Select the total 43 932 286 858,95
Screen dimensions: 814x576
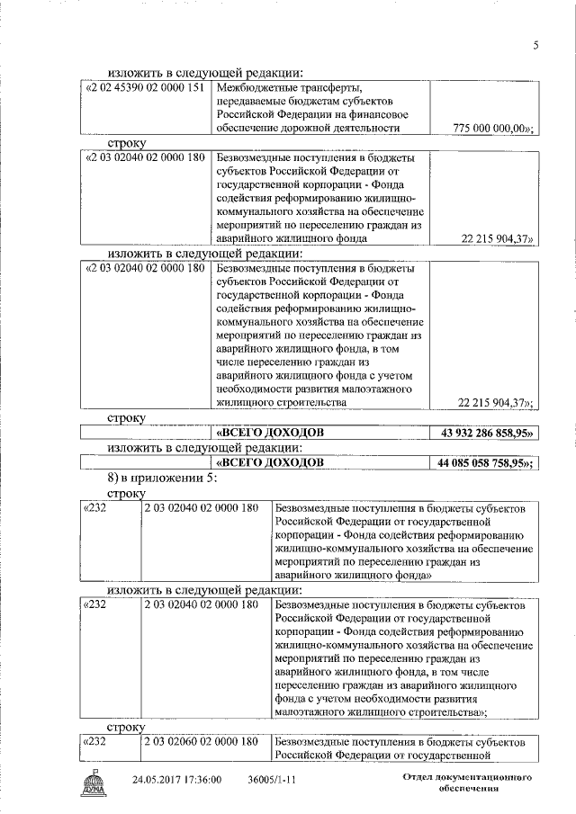tap(486, 434)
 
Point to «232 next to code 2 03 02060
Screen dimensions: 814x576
tap(95, 742)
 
